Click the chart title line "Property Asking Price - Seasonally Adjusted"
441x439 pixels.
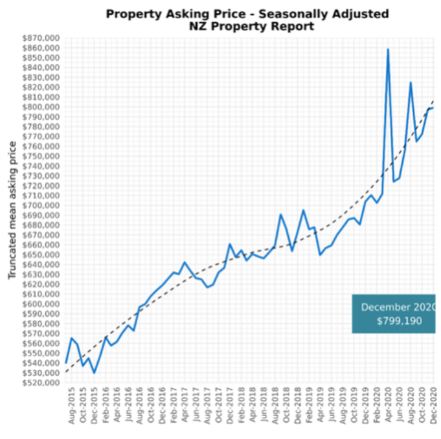(x=247, y=14)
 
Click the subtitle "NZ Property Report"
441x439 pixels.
(x=251, y=27)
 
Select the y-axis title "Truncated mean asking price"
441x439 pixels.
(x=12, y=210)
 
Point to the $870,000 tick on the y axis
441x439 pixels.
(x=41, y=38)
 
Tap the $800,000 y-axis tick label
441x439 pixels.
(x=41, y=107)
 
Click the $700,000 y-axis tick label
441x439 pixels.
(x=41, y=205)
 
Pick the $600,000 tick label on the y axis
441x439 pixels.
(x=41, y=304)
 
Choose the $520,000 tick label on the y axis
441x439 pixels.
(x=41, y=383)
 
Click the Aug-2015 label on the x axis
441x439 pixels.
(x=72, y=405)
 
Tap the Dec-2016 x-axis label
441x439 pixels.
(x=162, y=405)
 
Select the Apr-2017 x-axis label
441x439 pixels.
(x=185, y=405)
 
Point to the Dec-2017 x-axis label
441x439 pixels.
(x=230, y=405)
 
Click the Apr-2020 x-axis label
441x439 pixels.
(x=388, y=405)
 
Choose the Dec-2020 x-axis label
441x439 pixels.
(x=433, y=405)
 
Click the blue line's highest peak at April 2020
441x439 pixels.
(x=388, y=49)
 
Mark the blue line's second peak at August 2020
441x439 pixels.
(x=411, y=82)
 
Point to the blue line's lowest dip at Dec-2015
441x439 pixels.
(x=94, y=373)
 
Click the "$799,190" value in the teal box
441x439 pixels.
(x=399, y=321)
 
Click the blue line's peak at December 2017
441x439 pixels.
(x=230, y=244)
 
